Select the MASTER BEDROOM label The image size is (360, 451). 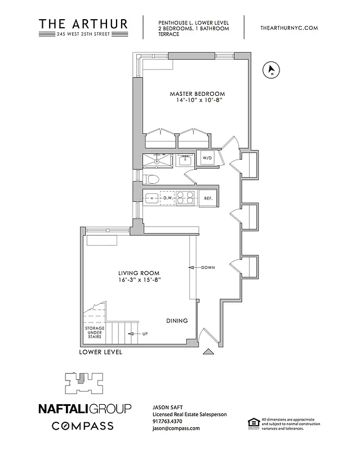pos(197,94)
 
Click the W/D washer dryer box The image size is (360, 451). pos(207,158)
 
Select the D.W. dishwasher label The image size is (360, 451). pos(167,198)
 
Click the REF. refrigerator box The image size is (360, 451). pos(207,198)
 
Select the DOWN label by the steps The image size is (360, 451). pos(207,267)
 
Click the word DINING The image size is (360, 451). pos(176,321)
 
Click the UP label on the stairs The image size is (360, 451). pos(145,334)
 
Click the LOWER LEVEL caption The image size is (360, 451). pos(101,352)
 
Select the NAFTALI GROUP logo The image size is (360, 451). pos(84,408)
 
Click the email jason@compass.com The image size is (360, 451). pos(176,428)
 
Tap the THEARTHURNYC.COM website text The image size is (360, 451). pos(290,28)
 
